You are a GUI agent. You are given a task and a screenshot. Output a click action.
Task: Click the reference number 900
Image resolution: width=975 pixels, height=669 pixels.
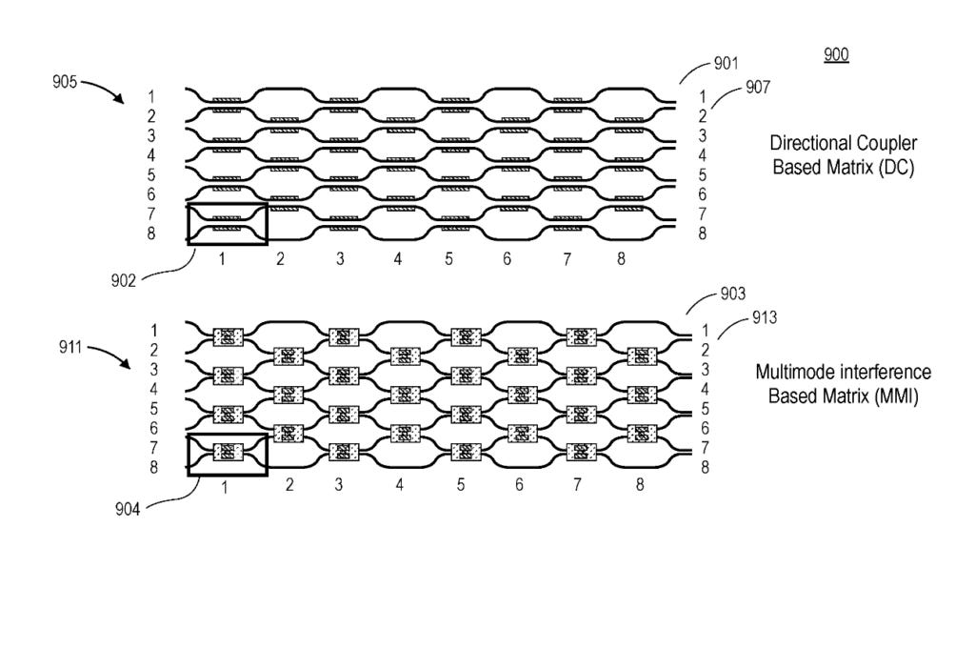835,55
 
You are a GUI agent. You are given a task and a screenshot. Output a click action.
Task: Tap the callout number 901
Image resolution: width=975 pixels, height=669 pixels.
726,65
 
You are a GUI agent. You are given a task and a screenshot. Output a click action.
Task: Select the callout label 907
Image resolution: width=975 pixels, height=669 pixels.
758,88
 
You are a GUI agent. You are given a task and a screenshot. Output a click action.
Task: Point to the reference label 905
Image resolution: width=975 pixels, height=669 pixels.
66,82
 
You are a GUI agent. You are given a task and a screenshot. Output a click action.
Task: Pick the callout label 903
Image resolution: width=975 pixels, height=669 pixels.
733,295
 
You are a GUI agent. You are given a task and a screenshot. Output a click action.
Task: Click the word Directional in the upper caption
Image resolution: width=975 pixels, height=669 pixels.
806,144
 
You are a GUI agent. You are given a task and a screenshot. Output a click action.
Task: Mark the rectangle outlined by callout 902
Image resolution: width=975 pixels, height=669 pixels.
228,224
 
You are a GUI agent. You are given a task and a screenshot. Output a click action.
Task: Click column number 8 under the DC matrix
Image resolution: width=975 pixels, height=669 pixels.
621,258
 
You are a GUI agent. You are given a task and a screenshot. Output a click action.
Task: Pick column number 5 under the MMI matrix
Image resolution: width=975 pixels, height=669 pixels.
461,485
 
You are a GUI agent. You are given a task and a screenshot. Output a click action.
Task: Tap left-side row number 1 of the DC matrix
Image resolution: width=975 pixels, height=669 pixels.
152,96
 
